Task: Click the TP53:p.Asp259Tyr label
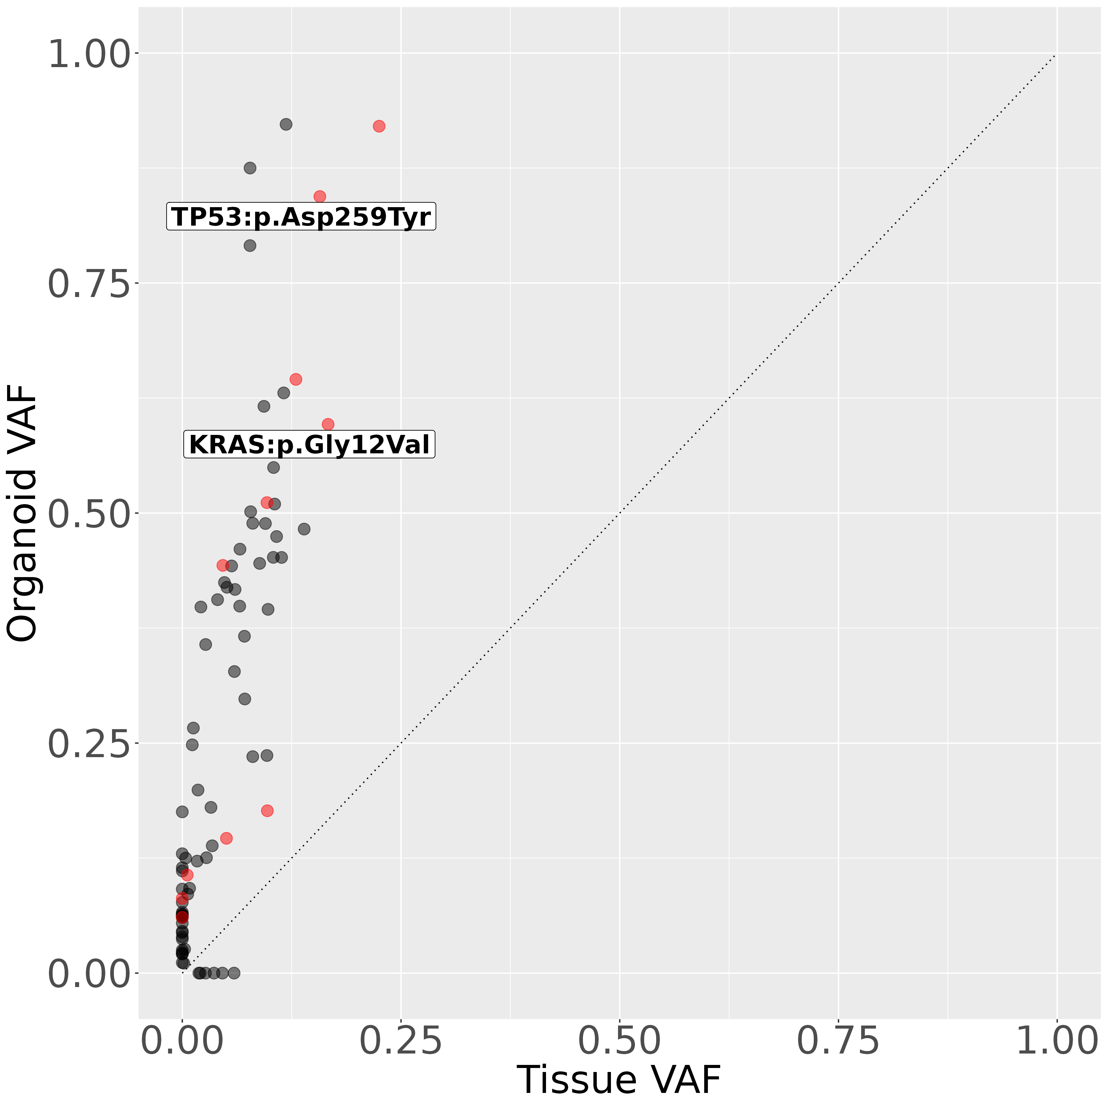click(x=301, y=217)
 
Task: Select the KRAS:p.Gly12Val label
click(x=309, y=444)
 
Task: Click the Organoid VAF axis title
click(x=22, y=513)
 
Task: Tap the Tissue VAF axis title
click(x=619, y=1081)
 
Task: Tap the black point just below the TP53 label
click(x=250, y=246)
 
